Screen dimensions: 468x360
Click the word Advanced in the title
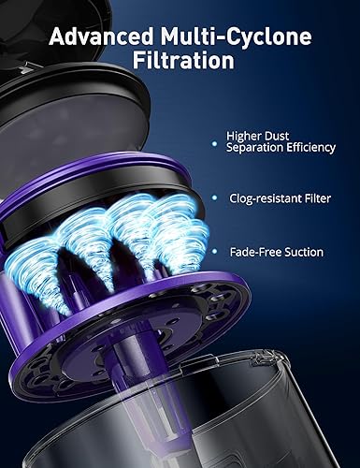point(98,37)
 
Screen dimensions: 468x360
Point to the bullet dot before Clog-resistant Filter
point(217,198)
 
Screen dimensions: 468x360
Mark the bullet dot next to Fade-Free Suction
point(217,253)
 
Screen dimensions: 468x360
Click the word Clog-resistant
point(263,198)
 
